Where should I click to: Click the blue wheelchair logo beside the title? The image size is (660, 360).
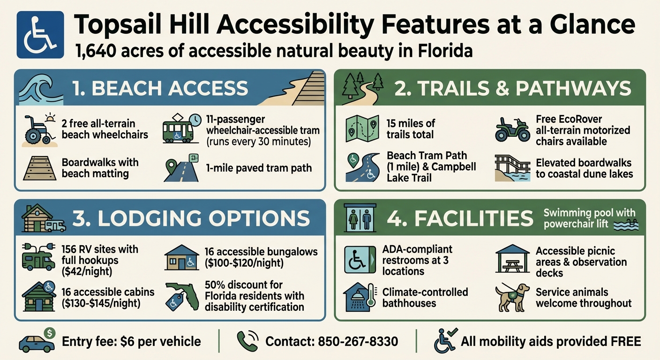[x=40, y=35]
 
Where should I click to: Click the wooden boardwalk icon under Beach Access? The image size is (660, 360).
[x=39, y=169]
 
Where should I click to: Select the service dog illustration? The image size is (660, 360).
[x=512, y=297]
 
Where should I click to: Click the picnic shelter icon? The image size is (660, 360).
[x=512, y=258]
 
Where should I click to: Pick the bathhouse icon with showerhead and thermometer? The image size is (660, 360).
[x=360, y=298]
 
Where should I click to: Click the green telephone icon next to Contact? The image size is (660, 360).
[x=247, y=341]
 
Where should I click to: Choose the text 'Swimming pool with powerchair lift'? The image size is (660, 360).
[x=589, y=218]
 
